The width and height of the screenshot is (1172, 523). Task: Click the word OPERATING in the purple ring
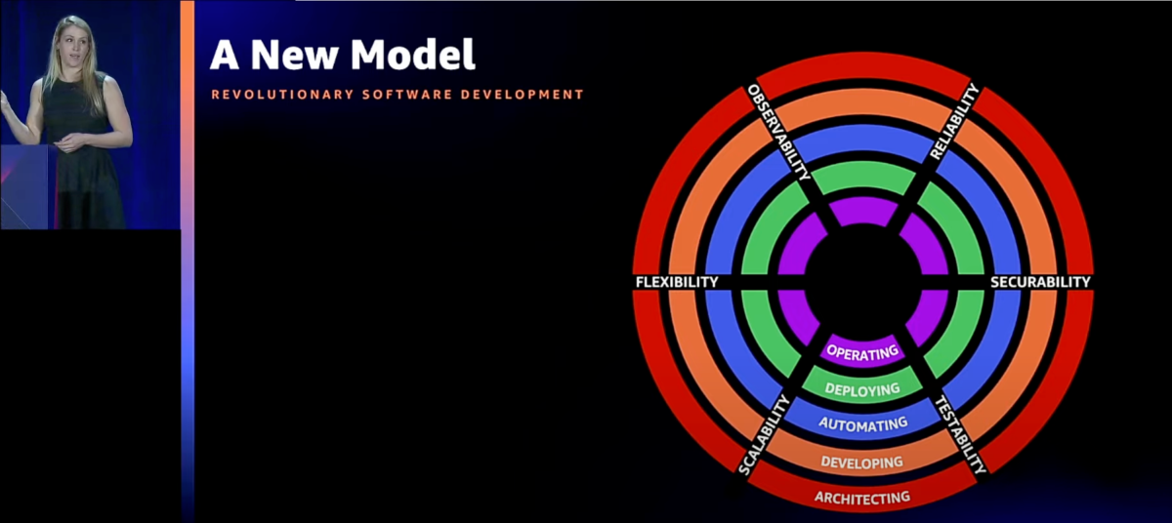(x=862, y=353)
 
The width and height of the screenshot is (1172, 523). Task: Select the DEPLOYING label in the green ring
(x=862, y=389)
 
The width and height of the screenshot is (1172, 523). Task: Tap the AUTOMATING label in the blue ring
(x=862, y=423)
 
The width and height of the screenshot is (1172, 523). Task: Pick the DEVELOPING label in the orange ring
(x=861, y=463)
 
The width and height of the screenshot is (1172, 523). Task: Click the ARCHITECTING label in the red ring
(x=862, y=498)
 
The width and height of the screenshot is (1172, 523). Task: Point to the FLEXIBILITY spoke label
(x=677, y=282)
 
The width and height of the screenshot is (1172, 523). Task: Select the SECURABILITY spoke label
(x=1040, y=282)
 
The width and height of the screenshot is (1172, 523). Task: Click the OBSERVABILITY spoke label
(x=778, y=132)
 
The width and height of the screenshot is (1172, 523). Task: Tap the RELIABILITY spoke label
(x=954, y=122)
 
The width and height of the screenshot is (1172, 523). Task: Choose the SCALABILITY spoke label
(x=764, y=435)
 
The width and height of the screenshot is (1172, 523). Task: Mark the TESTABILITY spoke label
(x=961, y=435)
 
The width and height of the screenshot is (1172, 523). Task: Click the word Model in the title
(x=413, y=55)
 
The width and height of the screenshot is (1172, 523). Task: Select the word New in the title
(x=294, y=55)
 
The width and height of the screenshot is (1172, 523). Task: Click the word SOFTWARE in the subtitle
(x=407, y=95)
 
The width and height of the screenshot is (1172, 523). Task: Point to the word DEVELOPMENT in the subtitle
(x=523, y=95)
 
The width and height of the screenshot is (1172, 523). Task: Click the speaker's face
(x=73, y=46)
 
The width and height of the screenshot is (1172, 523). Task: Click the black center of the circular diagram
(x=862, y=282)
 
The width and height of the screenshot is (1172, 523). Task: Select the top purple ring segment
(x=863, y=211)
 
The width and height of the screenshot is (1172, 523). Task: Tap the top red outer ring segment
(x=863, y=69)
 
